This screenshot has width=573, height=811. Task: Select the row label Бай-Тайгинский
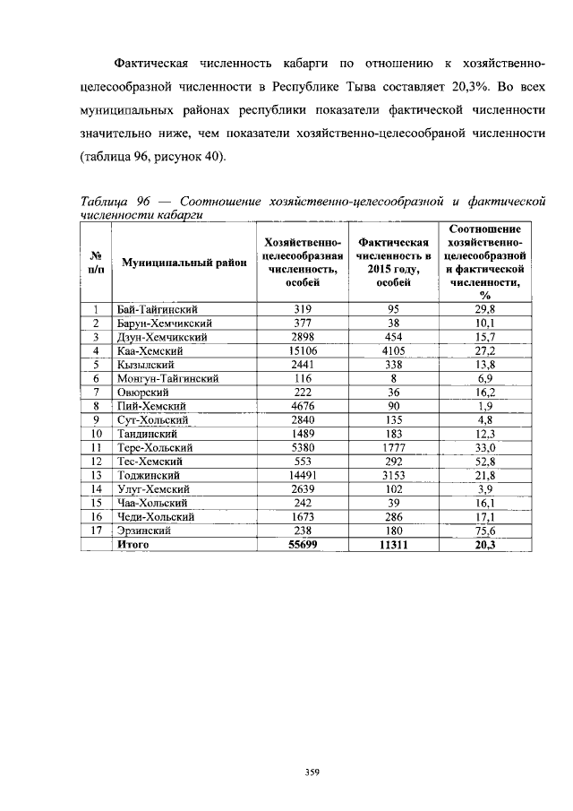pos(157,309)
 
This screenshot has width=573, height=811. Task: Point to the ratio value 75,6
pos(487,530)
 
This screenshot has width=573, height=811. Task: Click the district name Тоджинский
pos(150,474)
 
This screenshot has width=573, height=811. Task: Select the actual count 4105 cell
pos(393,351)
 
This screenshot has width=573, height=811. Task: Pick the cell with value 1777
pos(393,447)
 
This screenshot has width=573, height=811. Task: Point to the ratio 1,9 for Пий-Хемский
pos(487,406)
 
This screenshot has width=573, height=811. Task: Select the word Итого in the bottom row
pos(133,544)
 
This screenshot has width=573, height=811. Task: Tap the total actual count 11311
pos(393,544)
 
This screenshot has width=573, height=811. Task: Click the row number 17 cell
pos(95,530)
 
